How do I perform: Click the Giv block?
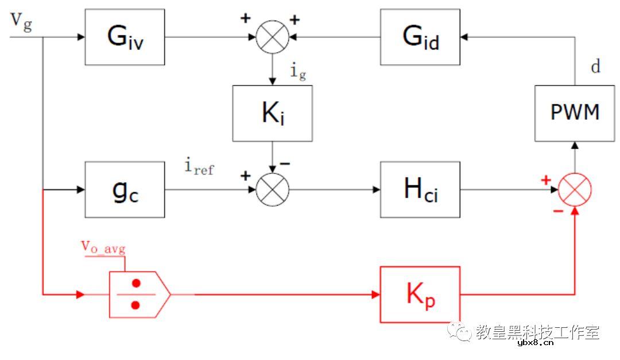[x=125, y=37]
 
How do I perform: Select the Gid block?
[x=420, y=37]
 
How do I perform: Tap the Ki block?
[x=273, y=113]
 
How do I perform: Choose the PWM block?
[x=575, y=113]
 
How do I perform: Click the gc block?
[x=125, y=189]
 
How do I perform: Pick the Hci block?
[x=420, y=189]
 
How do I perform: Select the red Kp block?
[x=420, y=295]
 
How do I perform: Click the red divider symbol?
[x=138, y=294]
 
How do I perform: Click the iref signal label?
[x=199, y=167]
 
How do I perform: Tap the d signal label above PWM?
[x=596, y=67]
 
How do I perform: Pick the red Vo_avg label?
[x=103, y=247]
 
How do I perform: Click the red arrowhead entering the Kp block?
[x=375, y=295]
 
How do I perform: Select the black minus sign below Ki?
[x=284, y=164]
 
